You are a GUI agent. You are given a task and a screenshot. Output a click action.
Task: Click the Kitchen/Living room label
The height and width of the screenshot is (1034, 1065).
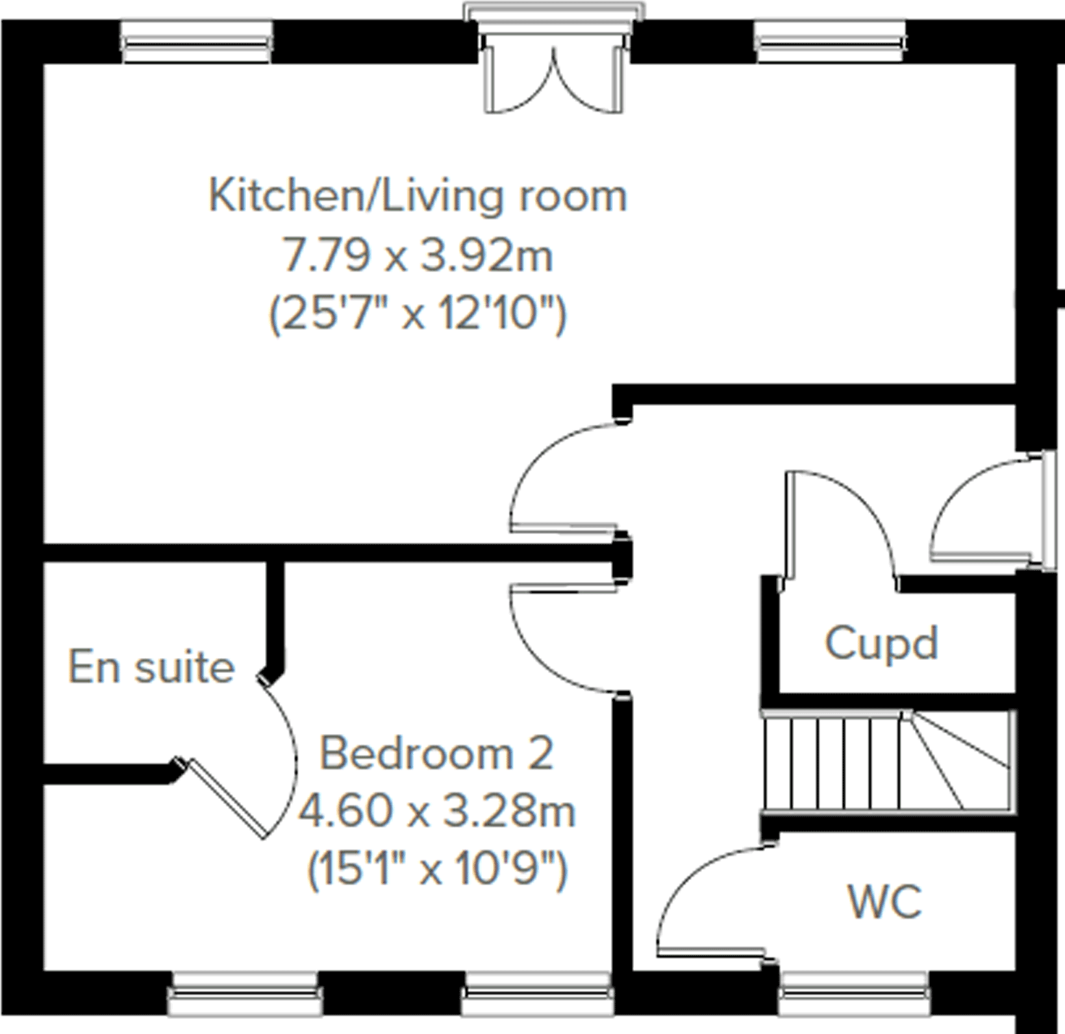click(418, 196)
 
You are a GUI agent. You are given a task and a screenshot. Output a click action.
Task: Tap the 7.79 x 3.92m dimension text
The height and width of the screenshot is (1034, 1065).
click(418, 256)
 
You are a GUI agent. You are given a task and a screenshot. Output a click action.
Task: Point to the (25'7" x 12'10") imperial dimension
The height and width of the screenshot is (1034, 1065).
click(418, 315)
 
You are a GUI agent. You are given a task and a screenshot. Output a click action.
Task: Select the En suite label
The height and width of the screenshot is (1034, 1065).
click(151, 667)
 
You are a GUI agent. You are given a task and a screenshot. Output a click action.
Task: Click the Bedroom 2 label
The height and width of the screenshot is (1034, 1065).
click(436, 754)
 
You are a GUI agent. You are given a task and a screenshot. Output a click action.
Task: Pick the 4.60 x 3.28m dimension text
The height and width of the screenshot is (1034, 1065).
click(436, 812)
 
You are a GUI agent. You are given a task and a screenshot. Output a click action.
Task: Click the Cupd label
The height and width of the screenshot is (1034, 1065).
click(881, 644)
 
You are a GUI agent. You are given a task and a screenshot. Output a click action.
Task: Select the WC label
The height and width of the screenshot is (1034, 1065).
click(884, 902)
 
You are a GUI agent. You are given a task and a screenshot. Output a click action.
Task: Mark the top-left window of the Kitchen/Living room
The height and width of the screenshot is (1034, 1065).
click(197, 42)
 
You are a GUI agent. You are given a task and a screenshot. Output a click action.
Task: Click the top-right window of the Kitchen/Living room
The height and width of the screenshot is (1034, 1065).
click(831, 42)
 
